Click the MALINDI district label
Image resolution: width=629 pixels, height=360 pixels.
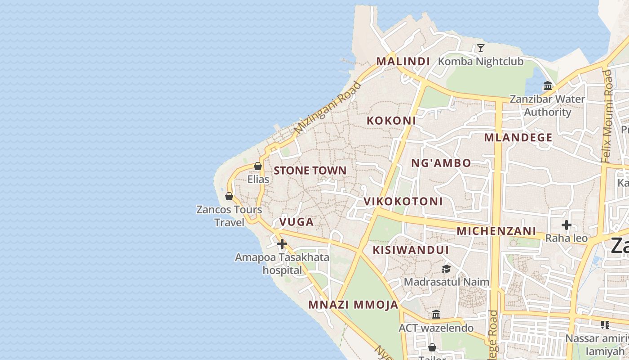pyautogui.click(x=403, y=61)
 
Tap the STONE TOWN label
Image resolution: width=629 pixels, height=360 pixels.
pyautogui.click(x=310, y=171)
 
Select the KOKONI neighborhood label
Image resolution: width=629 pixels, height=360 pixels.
pyautogui.click(x=391, y=121)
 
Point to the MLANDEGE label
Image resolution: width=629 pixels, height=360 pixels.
pyautogui.click(x=518, y=138)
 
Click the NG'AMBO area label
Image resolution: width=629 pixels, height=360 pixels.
pyautogui.click(x=441, y=163)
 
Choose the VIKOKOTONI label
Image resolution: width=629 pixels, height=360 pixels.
pyautogui.click(x=403, y=201)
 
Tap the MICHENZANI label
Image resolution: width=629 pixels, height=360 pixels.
pyautogui.click(x=496, y=231)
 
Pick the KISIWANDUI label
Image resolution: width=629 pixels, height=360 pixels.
pyautogui.click(x=411, y=250)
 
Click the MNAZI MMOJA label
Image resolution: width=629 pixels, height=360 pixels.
pyautogui.click(x=353, y=305)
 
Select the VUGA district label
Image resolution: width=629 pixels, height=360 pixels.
pyautogui.click(x=297, y=222)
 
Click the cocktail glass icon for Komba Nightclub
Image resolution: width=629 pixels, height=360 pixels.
pyautogui.click(x=481, y=48)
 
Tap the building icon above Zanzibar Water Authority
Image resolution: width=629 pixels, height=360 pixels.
pyautogui.click(x=548, y=85)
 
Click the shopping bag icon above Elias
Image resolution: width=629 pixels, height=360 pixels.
pyautogui.click(x=258, y=166)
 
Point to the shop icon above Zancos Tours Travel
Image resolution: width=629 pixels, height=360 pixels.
pyautogui.click(x=229, y=196)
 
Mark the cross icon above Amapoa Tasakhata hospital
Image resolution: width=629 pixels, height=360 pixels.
pyautogui.click(x=282, y=244)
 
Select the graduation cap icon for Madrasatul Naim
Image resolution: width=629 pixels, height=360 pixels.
pyautogui.click(x=446, y=269)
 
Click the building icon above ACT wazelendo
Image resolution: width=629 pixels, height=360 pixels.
pyautogui.click(x=436, y=314)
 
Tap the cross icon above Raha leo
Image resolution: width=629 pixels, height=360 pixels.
pyautogui.click(x=567, y=225)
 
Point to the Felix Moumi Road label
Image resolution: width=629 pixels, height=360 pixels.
pyautogui.click(x=607, y=116)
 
